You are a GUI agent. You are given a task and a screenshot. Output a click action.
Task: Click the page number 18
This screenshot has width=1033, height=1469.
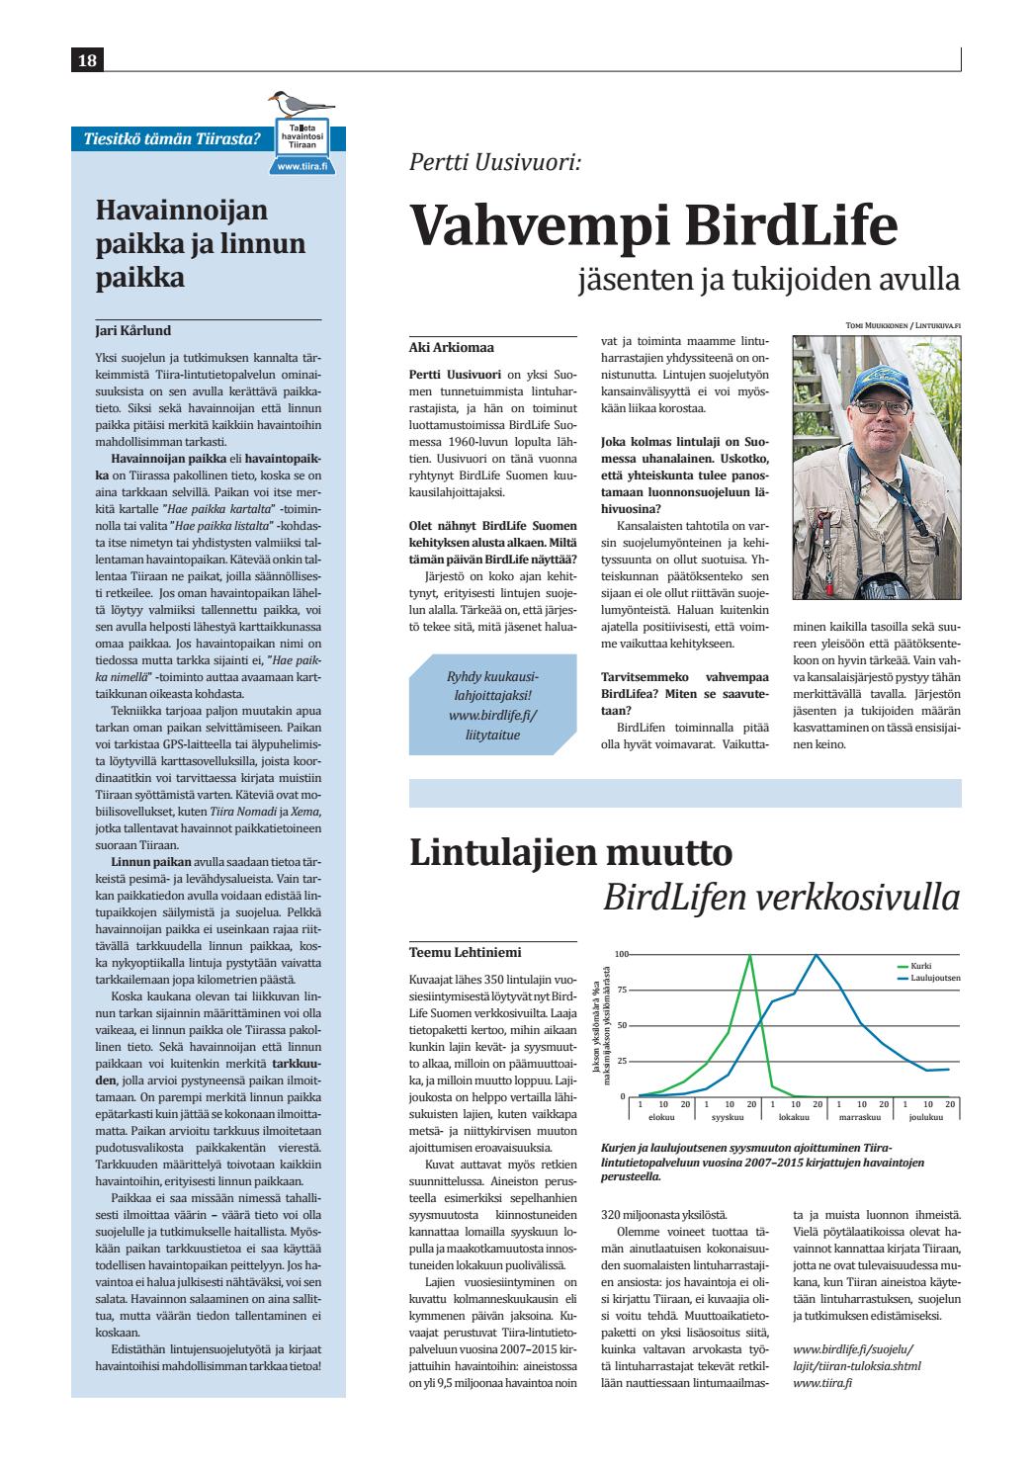[87, 61]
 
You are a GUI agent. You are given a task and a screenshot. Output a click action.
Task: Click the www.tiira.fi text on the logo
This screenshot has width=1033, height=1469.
[302, 167]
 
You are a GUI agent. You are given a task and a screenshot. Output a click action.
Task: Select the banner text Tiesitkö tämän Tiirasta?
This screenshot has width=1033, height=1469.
[166, 138]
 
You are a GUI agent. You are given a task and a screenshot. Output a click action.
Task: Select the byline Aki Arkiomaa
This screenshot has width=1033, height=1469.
[452, 347]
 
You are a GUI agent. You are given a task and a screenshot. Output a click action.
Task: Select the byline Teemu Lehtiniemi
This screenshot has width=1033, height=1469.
[465, 953]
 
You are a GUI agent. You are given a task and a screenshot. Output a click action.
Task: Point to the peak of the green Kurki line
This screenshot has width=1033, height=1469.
[750, 955]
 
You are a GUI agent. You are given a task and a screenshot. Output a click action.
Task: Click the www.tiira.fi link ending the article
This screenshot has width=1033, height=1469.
[822, 1383]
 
